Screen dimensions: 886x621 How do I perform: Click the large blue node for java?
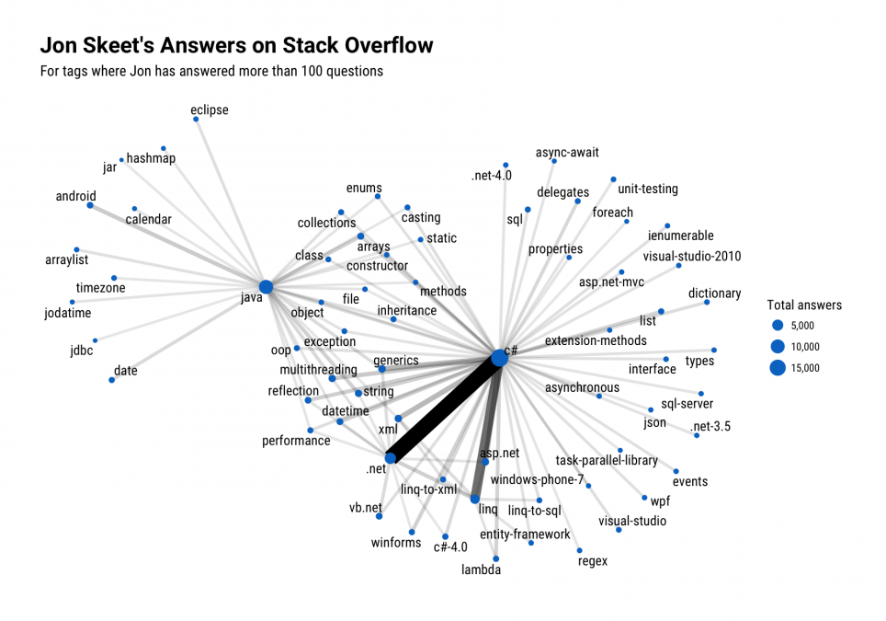click(x=266, y=287)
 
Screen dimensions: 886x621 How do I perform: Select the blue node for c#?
click(x=499, y=358)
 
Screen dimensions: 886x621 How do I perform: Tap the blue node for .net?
click(x=391, y=458)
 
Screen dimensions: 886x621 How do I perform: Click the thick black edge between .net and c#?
click(x=445, y=408)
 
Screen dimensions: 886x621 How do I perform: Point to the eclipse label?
click(x=209, y=109)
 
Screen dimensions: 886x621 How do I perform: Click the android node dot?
click(x=90, y=205)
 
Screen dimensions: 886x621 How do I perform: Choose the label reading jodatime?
click(x=68, y=313)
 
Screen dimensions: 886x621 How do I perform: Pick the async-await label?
click(x=567, y=152)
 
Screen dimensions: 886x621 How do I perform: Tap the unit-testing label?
click(x=648, y=189)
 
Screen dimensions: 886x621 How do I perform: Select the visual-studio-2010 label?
click(x=692, y=256)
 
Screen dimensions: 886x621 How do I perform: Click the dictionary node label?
click(x=714, y=293)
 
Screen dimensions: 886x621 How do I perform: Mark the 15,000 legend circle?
click(x=778, y=368)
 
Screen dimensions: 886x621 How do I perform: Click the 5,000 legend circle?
click(x=778, y=325)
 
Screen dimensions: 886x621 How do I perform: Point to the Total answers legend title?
click(x=804, y=305)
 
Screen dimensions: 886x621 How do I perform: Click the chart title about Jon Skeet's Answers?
click(x=237, y=45)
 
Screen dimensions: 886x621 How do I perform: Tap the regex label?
click(x=593, y=561)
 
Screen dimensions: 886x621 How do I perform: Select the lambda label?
click(x=481, y=569)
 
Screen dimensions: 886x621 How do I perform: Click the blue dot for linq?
click(x=474, y=499)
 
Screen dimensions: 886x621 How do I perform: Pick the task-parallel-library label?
click(x=607, y=460)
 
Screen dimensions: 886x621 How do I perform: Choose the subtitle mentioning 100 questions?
click(x=211, y=71)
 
